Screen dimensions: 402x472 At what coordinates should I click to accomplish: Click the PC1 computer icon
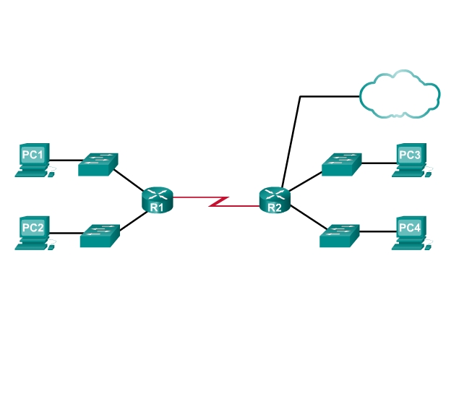(x=33, y=160)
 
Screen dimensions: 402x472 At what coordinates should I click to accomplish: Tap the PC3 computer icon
(x=411, y=160)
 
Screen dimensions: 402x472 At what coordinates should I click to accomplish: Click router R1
(x=158, y=199)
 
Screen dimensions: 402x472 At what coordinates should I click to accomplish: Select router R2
(x=275, y=199)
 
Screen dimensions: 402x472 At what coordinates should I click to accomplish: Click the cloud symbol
(x=398, y=95)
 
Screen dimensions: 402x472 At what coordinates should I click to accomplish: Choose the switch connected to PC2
(x=100, y=236)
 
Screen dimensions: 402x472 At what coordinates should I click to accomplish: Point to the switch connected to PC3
(x=341, y=164)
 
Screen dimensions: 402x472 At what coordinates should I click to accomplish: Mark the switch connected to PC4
(x=340, y=235)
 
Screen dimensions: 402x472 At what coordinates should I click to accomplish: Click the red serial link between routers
(x=217, y=200)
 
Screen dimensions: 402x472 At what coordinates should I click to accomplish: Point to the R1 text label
(x=158, y=208)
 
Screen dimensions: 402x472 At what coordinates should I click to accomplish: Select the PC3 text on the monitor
(x=409, y=155)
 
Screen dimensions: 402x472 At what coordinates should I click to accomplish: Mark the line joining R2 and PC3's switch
(x=304, y=180)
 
